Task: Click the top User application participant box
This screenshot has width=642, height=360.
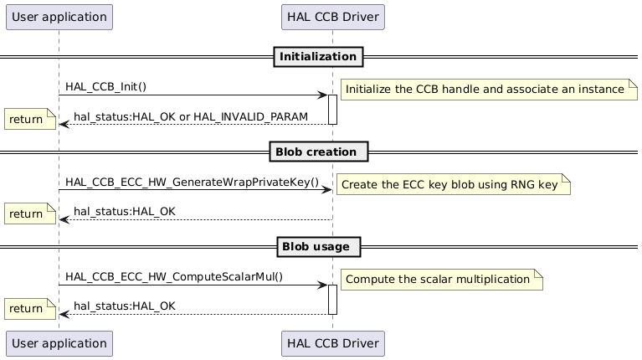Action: tap(59, 16)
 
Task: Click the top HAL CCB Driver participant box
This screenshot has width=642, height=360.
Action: tap(332, 16)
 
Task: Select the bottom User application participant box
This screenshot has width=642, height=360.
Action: tap(59, 342)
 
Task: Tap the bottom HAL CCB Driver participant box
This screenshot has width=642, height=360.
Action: tap(332, 342)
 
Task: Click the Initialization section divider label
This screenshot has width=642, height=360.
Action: tap(318, 57)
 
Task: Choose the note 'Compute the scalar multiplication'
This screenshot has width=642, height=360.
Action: tap(439, 279)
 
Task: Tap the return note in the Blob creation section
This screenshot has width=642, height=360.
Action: tap(27, 213)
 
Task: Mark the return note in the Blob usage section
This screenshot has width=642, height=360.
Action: tap(27, 309)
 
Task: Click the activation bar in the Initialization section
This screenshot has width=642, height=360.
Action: tap(332, 110)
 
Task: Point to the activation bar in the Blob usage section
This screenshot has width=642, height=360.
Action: tap(332, 300)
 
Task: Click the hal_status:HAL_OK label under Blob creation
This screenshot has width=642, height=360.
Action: tap(125, 211)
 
